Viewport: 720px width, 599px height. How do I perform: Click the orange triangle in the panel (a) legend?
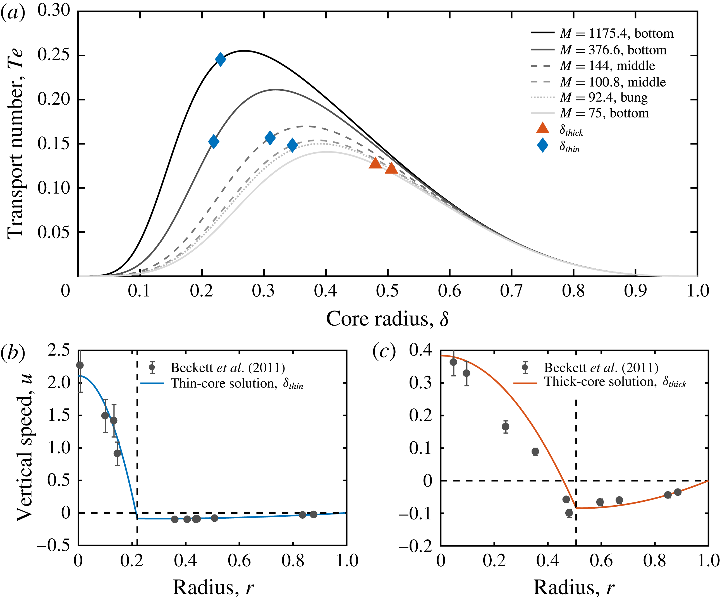coord(542,128)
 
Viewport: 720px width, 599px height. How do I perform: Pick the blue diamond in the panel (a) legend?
coord(542,145)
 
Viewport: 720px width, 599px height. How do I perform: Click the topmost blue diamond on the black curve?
coord(221,59)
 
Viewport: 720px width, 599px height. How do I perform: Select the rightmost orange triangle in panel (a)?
coord(391,168)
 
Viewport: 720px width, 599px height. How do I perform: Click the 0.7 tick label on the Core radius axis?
coord(511,291)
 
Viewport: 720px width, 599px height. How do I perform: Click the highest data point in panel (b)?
coord(80,365)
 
